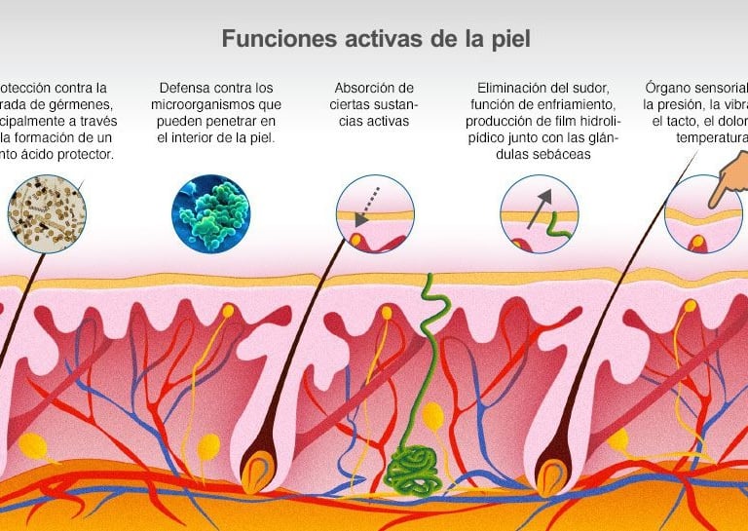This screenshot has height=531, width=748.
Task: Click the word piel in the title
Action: [x=509, y=39]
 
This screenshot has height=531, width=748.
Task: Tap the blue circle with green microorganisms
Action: [x=210, y=213]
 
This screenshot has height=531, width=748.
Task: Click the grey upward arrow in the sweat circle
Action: [x=538, y=208]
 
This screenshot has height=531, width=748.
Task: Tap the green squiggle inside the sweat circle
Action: [x=557, y=227]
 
